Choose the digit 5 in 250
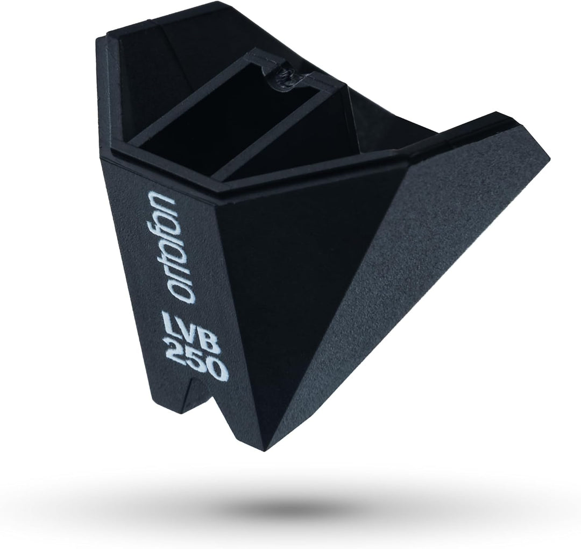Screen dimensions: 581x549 pos(192,356)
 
